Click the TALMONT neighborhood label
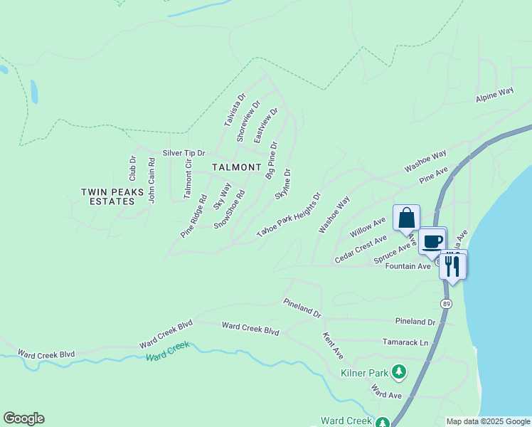pos(237,167)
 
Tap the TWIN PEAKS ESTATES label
pos(112,196)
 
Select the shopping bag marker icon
pos(406,217)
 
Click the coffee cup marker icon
pos(432,240)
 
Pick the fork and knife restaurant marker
pos(453,265)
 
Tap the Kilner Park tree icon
pos(400,371)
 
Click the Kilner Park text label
pos(364,372)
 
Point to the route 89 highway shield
pos(446,303)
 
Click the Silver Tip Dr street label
pos(183,153)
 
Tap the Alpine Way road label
pos(495,95)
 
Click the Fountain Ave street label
pos(408,266)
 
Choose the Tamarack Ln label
pos(405,342)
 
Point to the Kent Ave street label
pos(333,345)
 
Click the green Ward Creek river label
pos(168,351)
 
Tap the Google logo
pos(23,418)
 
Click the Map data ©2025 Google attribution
pos(487,421)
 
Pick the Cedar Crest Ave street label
pos(361,250)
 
